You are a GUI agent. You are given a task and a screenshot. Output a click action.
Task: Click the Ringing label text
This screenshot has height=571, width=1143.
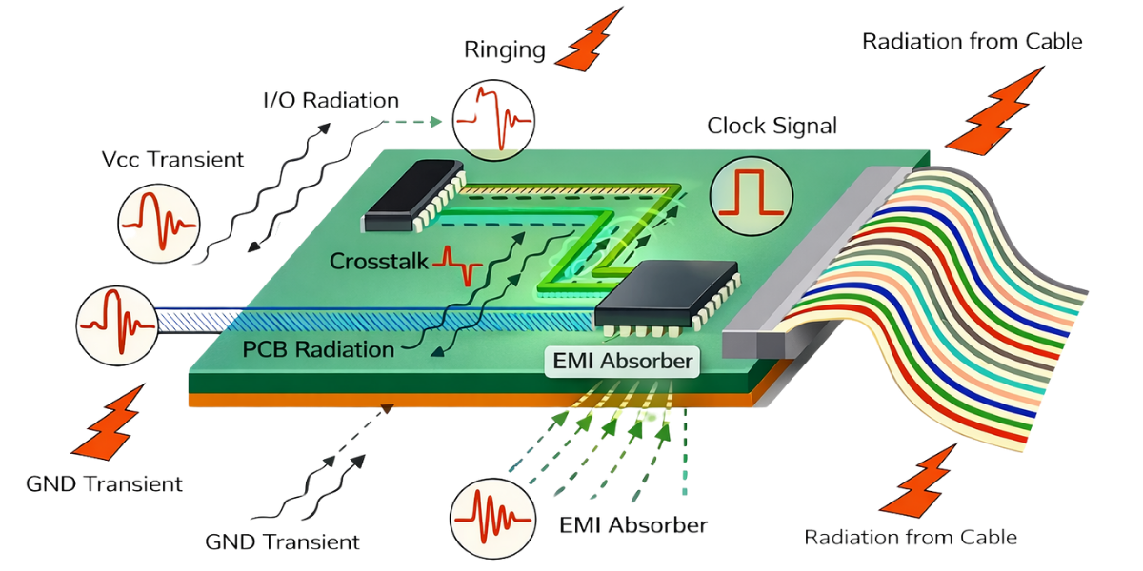(505, 49)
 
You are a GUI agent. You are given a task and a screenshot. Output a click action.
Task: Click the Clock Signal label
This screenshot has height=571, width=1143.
(772, 126)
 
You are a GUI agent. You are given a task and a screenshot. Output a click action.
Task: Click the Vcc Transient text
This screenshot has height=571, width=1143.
(172, 159)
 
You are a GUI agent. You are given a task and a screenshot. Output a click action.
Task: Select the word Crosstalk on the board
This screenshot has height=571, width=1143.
(379, 261)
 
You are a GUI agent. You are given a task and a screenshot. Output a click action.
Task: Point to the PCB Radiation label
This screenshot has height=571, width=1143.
(318, 348)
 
